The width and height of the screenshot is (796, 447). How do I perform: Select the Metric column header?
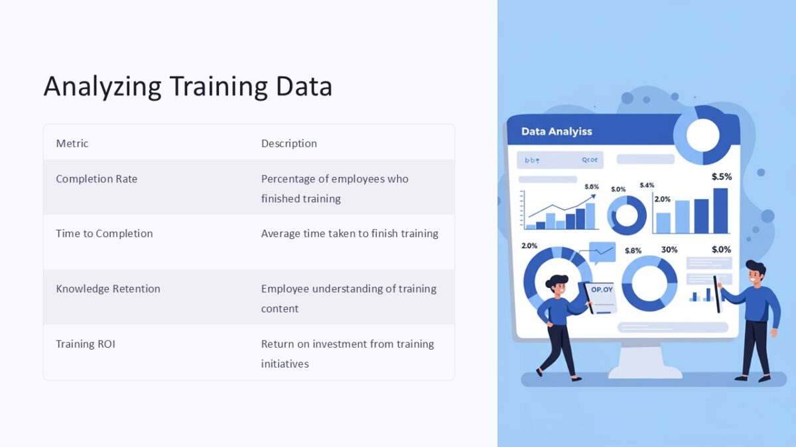tap(72, 144)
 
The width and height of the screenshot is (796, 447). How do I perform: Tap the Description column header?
tap(289, 144)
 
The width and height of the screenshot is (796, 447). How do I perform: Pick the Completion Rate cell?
tap(96, 179)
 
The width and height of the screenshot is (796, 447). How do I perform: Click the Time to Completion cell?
tap(104, 234)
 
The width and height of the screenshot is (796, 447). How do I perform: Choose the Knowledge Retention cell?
tap(107, 289)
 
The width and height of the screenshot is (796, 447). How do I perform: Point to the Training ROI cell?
tap(85, 344)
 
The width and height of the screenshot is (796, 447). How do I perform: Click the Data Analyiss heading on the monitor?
tap(556, 132)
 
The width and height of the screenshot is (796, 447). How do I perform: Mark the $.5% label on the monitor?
tap(721, 177)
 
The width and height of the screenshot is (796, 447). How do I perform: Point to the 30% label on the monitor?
tap(669, 250)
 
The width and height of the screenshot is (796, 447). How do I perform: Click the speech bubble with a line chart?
tap(602, 252)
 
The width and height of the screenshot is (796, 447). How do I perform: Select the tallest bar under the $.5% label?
tap(720, 211)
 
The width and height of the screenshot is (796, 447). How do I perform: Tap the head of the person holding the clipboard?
tap(557, 285)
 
